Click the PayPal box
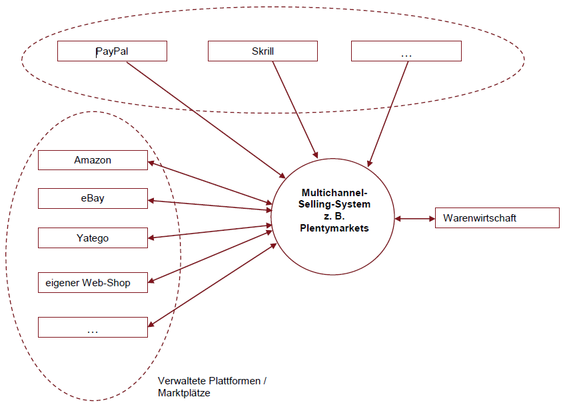point(112,51)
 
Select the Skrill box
point(263,51)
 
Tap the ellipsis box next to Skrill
point(406,51)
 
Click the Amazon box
point(93,160)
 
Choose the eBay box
point(93,198)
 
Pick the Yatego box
point(93,238)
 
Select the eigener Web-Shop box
point(93,282)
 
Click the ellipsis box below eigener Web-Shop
point(93,327)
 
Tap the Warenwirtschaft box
point(496,218)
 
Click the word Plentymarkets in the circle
point(334,228)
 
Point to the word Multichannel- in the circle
point(334,193)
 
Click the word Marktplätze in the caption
point(184,393)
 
